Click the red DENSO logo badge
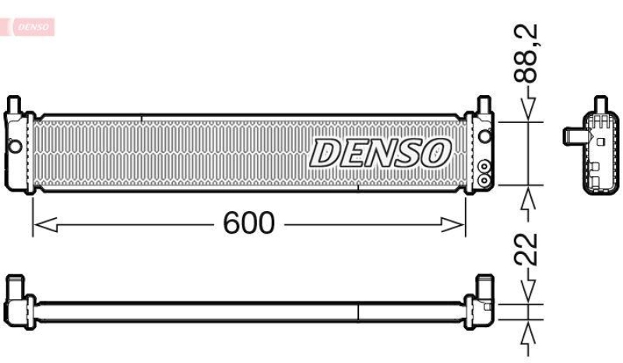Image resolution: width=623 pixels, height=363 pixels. coord(30,26)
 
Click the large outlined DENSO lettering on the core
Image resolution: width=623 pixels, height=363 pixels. coord(381,153)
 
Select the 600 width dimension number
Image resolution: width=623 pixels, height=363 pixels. coord(249,224)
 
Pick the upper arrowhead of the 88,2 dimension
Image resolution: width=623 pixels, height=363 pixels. coord(530,112)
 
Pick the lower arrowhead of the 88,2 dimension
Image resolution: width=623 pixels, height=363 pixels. coord(530,195)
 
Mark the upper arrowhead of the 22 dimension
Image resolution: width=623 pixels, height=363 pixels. coord(530,296)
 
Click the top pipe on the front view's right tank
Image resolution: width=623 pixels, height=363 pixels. coord(484,104)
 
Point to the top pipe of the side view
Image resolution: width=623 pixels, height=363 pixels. coord(600,105)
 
